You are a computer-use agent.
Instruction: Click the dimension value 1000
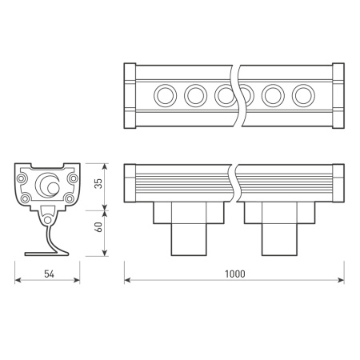point(234,274)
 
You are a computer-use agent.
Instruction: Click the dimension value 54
point(48,274)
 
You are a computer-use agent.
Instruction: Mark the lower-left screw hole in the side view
point(26,198)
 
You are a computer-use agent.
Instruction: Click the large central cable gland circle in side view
point(50,186)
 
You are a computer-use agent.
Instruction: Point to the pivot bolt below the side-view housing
point(48,218)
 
